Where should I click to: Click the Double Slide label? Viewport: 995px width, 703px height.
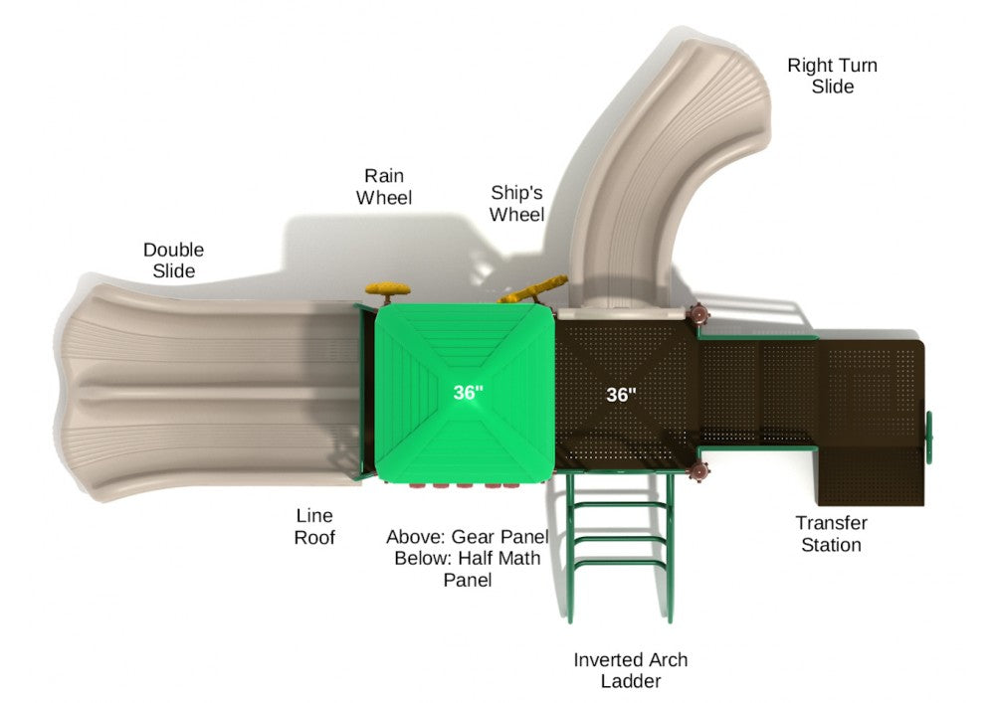(x=173, y=260)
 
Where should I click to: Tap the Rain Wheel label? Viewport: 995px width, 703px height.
(x=384, y=186)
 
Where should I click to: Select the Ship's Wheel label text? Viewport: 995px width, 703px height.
(x=516, y=203)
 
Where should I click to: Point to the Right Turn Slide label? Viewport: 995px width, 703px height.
(x=832, y=76)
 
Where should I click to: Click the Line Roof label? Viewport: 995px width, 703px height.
(x=314, y=526)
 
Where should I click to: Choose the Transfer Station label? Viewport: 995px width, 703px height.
(x=831, y=534)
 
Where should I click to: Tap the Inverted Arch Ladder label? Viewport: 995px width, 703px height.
(x=630, y=670)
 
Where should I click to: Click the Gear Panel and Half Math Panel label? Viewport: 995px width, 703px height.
(x=467, y=558)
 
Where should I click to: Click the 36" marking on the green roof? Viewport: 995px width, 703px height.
(x=469, y=393)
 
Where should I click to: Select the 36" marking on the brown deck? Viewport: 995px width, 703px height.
(x=621, y=395)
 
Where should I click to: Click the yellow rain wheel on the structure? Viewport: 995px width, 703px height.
(x=388, y=291)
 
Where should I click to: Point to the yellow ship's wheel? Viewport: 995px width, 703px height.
(x=532, y=289)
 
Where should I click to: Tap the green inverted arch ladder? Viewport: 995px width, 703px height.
(x=620, y=545)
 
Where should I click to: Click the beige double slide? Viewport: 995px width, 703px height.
(x=209, y=392)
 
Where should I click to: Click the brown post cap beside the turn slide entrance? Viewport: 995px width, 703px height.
(x=698, y=314)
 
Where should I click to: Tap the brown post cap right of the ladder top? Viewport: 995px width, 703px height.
(x=699, y=471)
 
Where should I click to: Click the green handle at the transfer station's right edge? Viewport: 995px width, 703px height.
(x=929, y=438)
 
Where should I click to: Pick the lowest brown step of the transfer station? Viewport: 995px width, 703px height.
(x=870, y=476)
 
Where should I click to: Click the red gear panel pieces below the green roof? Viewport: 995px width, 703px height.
(x=464, y=485)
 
